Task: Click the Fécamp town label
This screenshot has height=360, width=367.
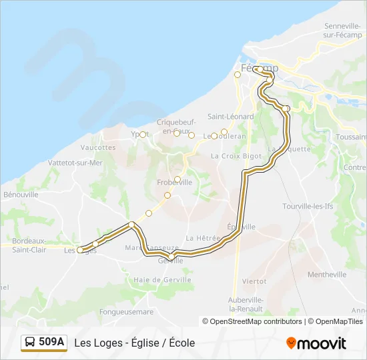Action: coord(259,69)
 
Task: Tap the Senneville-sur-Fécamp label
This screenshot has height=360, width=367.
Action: coord(342,30)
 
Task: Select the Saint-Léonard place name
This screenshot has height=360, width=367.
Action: coord(230,117)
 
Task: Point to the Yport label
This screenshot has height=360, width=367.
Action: coord(138,134)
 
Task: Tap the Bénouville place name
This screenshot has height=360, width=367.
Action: coord(21,195)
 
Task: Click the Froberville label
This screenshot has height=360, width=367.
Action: coord(174,182)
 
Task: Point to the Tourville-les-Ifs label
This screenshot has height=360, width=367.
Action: coord(308,207)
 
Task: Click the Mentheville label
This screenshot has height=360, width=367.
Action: coord(327,275)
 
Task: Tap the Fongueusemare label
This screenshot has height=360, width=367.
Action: coord(127,311)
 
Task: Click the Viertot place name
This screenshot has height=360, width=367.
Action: coord(254,282)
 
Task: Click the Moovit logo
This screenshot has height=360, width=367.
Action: coord(316,343)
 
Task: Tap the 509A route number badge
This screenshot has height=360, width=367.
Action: coord(44,343)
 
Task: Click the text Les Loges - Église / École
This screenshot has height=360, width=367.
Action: coord(135,343)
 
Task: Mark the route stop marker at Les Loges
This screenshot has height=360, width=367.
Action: coord(80,250)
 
